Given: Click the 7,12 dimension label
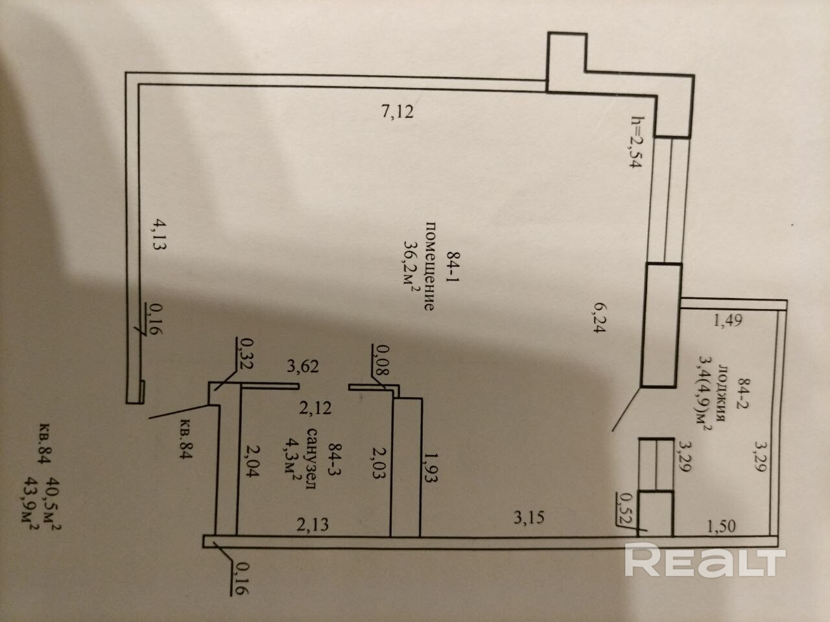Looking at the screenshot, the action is [x=397, y=112].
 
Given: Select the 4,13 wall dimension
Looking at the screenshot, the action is [x=158, y=238].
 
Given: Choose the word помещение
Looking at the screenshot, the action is [x=429, y=266].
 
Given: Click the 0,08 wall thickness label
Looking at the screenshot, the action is [x=382, y=360].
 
